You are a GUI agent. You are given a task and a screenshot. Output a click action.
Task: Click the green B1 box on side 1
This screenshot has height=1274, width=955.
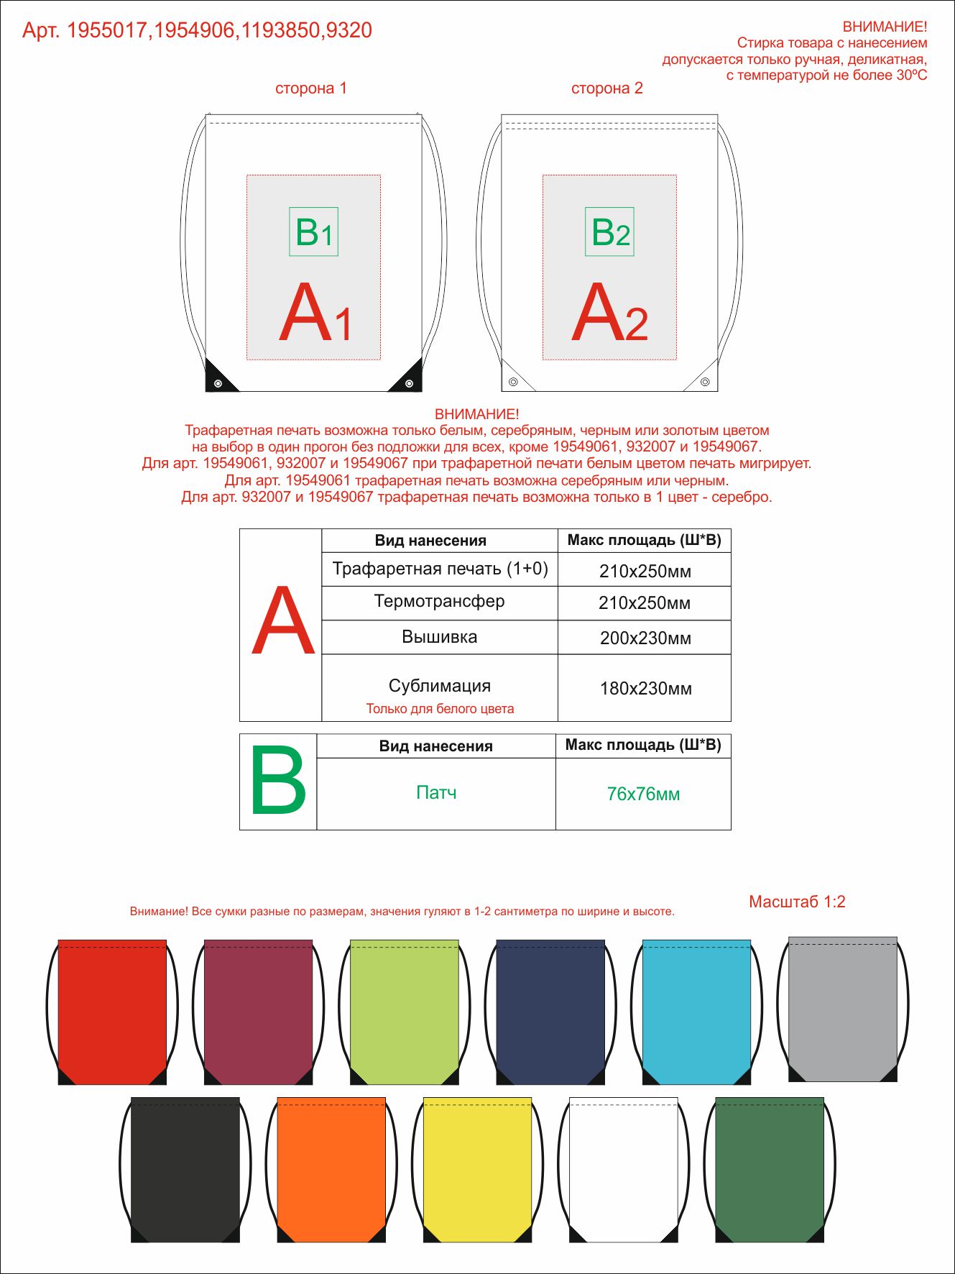(313, 232)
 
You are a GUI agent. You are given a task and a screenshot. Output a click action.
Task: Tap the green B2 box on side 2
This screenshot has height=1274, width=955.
(609, 232)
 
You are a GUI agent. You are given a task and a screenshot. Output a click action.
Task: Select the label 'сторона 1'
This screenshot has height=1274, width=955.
(310, 88)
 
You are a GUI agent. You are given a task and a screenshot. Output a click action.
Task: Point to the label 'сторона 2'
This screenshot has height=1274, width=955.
(606, 88)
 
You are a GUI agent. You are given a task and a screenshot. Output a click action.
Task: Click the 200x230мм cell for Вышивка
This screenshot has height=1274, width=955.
(645, 638)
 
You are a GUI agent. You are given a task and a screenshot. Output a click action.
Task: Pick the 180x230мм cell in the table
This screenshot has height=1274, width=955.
(645, 688)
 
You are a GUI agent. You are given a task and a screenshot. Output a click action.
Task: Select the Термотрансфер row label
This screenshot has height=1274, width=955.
(439, 601)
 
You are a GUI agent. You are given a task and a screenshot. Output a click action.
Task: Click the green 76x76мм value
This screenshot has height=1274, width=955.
(643, 794)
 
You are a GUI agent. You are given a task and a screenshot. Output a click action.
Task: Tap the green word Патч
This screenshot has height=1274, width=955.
(436, 792)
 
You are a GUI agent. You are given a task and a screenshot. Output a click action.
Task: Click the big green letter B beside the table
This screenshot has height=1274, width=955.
(278, 782)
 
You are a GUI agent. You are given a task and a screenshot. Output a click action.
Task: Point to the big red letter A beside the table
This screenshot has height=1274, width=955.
(283, 621)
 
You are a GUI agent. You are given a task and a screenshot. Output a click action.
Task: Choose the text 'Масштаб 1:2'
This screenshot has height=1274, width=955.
(797, 902)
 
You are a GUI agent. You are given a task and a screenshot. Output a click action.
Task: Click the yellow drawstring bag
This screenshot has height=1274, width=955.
(477, 1170)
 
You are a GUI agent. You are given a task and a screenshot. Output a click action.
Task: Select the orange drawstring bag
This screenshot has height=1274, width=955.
(331, 1170)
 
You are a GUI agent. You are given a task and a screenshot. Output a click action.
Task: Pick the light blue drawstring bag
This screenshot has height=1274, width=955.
(696, 1012)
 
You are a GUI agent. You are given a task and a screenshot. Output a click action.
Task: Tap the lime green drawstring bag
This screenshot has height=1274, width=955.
(404, 1012)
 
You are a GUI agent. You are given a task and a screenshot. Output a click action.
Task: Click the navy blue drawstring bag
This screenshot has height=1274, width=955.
(550, 1012)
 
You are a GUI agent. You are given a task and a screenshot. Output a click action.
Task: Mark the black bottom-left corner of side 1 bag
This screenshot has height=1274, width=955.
(215, 379)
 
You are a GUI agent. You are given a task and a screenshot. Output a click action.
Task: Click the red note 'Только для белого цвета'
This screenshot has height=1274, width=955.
(440, 709)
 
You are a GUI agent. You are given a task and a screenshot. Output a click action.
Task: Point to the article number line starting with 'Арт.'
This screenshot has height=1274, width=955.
(197, 30)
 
